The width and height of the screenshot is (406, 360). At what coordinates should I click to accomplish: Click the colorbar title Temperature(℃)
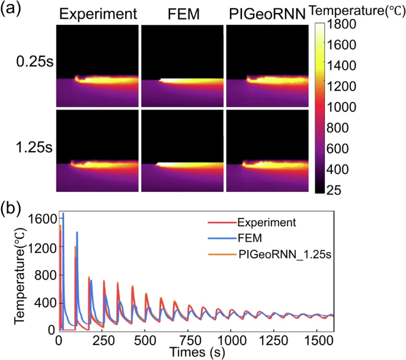tap(357, 10)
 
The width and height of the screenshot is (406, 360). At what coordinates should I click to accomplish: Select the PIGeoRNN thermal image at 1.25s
tap(268, 150)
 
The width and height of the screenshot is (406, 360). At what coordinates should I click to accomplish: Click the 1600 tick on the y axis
tap(40, 220)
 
